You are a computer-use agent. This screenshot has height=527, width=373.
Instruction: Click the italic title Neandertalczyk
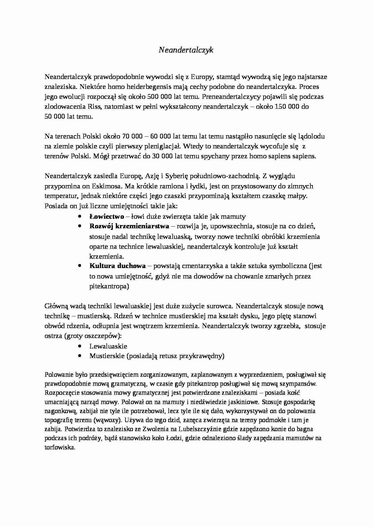tap(186, 50)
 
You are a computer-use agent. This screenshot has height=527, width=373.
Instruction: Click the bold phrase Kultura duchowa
tap(117, 266)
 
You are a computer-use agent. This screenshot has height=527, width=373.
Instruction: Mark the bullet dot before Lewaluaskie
tap(79, 346)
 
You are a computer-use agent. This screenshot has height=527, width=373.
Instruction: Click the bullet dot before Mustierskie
tap(79, 356)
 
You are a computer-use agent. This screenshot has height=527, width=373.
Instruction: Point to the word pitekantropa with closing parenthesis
tap(109, 286)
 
